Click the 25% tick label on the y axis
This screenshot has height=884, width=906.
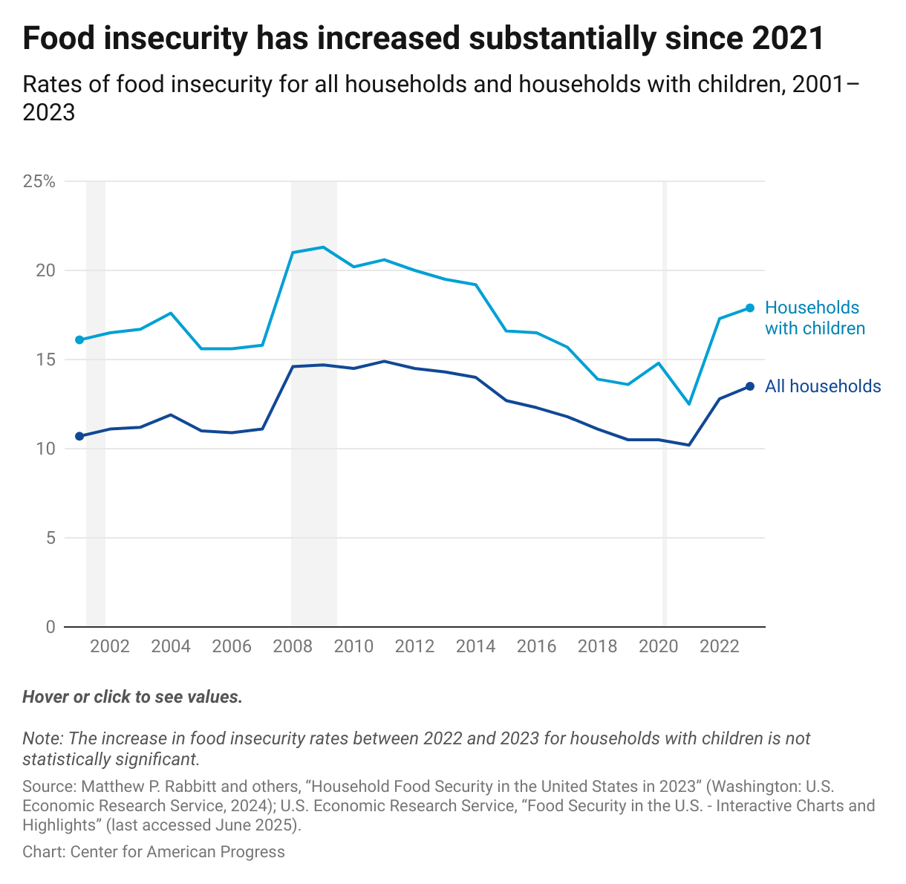[39, 181]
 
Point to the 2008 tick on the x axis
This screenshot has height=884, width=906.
[293, 646]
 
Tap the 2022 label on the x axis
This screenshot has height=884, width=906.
[719, 646]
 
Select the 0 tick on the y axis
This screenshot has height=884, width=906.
[50, 627]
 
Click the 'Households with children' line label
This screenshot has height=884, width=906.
[815, 318]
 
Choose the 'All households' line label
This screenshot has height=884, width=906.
[823, 386]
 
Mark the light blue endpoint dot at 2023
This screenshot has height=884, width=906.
[750, 308]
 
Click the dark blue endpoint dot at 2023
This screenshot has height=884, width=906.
[750, 386]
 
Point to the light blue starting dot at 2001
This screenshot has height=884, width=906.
[79, 339]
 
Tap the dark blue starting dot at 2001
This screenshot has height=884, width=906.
[79, 436]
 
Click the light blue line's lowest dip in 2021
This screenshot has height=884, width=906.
[689, 404]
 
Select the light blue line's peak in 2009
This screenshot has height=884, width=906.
[323, 247]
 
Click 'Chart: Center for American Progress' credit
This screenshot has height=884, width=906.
[154, 852]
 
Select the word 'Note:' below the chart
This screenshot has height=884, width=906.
[43, 739]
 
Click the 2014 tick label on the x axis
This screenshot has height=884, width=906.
[475, 646]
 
